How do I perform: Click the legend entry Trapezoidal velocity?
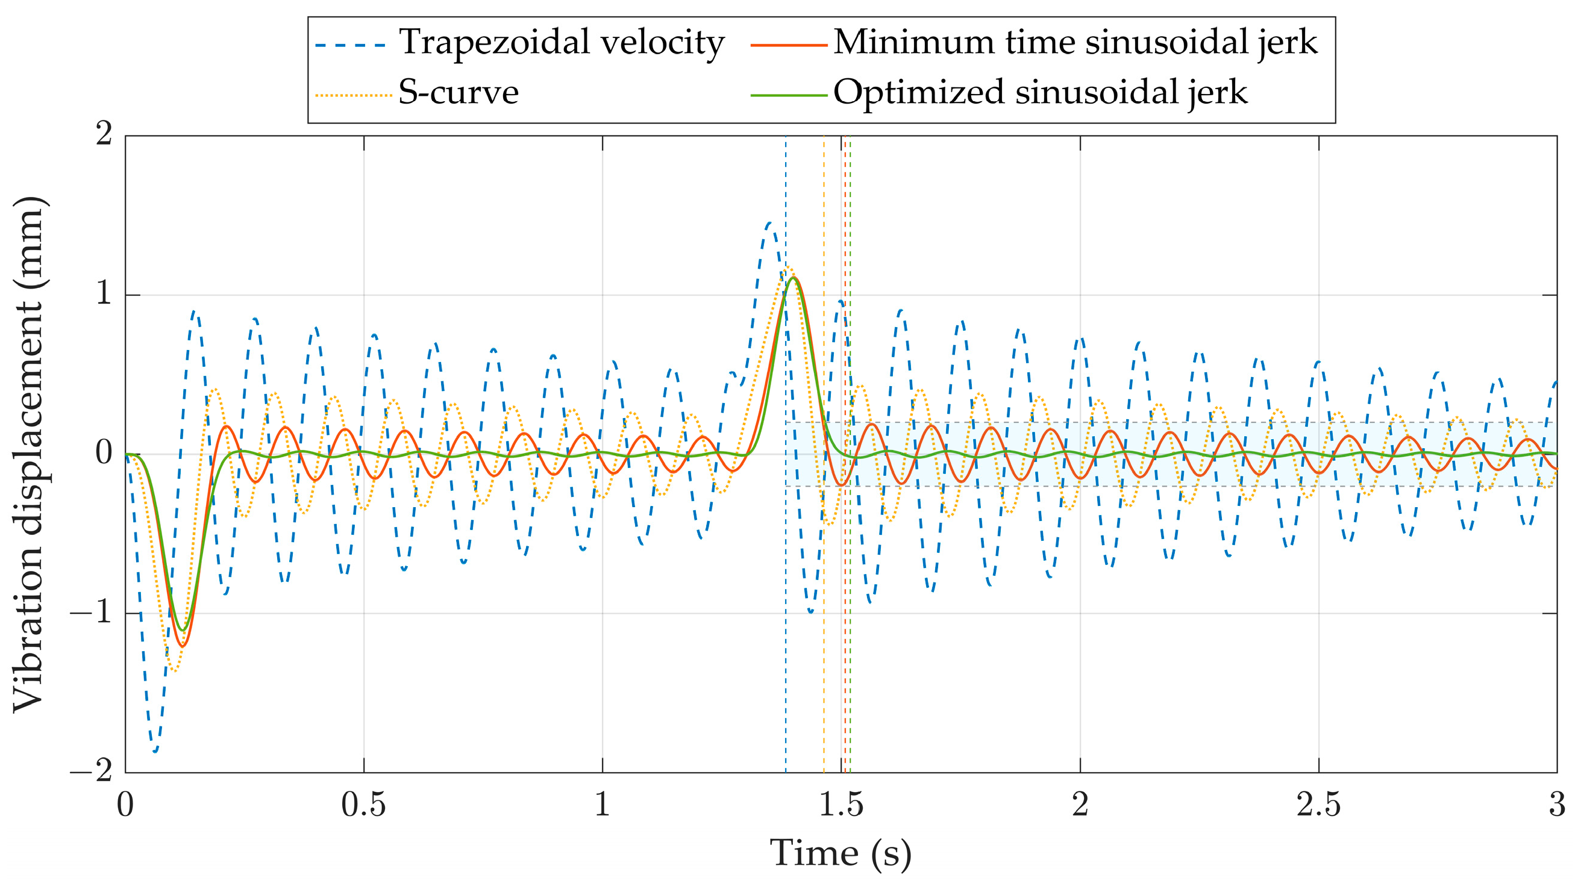[561, 43]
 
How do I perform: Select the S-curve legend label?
[458, 93]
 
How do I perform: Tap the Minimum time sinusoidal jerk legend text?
[1075, 43]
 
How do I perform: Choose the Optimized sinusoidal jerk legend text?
[1039, 93]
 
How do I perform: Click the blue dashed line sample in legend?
[351, 45]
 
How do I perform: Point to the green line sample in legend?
[788, 96]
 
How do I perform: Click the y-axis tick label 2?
[104, 134]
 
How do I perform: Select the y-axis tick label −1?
[92, 612]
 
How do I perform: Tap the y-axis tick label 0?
[104, 452]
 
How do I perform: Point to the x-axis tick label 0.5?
[363, 805]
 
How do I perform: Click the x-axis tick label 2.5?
[1318, 805]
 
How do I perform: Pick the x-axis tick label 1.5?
[841, 805]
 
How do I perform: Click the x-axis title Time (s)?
[841, 853]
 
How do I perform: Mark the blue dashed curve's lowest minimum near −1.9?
[155, 751]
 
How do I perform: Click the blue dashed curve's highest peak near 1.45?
[770, 223]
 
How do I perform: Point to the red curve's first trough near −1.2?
[182, 646]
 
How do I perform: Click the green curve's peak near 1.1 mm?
[794, 278]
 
